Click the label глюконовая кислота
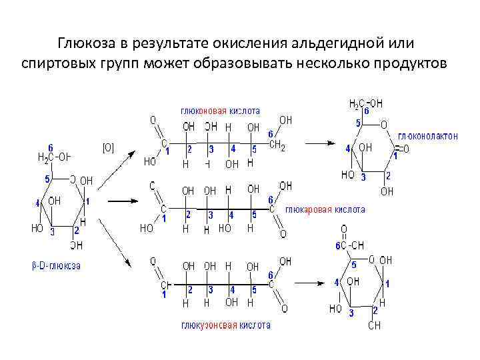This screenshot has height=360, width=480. pos(220,110)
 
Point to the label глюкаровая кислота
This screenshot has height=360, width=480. pos(325,209)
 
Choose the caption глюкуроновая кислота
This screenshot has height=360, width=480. pos(226,325)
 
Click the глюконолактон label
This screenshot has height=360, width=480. pos(428,136)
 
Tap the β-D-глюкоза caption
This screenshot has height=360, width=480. pos(57,265)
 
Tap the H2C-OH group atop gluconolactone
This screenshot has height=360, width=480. pos(366,104)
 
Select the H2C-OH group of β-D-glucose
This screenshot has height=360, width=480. pos(53,158)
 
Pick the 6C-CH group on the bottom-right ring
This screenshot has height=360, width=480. pos(350,245)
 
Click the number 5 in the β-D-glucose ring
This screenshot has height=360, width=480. pos(47,179)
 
